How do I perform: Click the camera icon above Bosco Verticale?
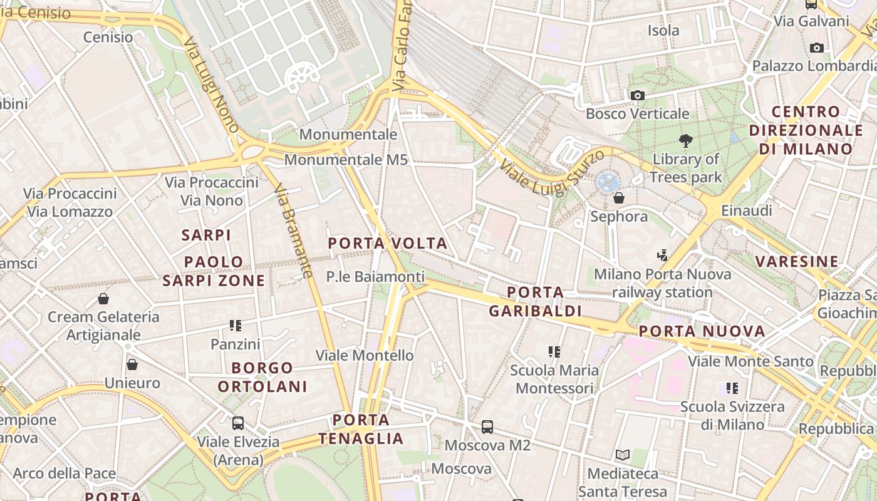(x=638, y=95)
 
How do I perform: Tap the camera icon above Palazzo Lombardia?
(x=817, y=48)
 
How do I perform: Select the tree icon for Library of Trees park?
(x=686, y=141)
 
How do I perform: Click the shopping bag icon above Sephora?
(x=619, y=198)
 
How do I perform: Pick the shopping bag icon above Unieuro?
(x=132, y=364)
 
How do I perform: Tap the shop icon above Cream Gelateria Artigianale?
(x=103, y=298)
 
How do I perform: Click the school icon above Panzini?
(x=236, y=325)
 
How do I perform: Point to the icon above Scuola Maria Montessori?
(x=554, y=351)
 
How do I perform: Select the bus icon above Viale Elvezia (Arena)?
(x=238, y=423)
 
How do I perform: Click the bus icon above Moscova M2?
(x=487, y=427)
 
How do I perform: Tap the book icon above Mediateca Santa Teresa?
(x=623, y=455)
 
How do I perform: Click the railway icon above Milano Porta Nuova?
(x=663, y=255)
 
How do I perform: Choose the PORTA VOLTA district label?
(x=388, y=243)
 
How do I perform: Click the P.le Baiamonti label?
(x=375, y=276)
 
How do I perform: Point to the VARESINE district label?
(x=797, y=261)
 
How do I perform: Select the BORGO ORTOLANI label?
(x=262, y=377)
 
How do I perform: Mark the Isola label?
(x=663, y=30)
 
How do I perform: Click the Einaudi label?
(x=747, y=210)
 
